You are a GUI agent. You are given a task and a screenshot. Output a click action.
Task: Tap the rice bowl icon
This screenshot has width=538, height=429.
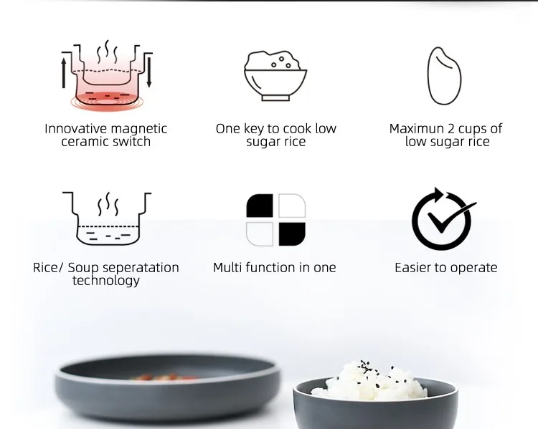275,75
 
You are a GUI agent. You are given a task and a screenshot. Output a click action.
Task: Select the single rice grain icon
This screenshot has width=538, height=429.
445,76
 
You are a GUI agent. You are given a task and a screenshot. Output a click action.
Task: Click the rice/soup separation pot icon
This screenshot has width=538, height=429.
107,218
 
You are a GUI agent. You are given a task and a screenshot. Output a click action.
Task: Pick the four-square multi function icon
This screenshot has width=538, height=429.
275,219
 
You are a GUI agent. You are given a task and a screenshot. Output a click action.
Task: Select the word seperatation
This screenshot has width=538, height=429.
141,268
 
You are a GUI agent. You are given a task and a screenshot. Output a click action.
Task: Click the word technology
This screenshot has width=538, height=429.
106,281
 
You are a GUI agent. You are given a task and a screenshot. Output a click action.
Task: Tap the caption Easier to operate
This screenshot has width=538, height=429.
445,268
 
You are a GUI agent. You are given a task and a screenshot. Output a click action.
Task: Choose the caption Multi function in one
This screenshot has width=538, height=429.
274,268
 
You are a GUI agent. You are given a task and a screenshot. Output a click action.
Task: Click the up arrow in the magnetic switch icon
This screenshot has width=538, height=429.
64,72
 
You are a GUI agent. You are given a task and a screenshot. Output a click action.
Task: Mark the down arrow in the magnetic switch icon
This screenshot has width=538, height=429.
149,73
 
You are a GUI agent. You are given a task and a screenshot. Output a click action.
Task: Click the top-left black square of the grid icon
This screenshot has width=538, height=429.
260,206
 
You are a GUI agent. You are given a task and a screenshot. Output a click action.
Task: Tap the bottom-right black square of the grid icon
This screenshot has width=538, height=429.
292,233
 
